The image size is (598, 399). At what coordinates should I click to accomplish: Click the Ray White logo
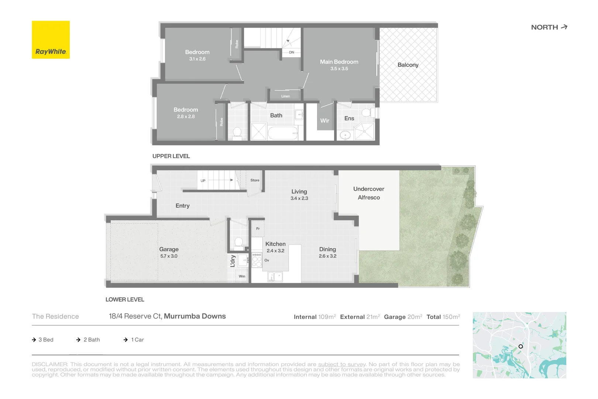[x=51, y=40]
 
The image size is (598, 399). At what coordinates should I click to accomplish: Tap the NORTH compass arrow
[x=564, y=27]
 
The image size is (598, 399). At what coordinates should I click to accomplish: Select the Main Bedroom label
[x=339, y=62]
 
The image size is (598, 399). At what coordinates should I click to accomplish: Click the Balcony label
[x=408, y=65]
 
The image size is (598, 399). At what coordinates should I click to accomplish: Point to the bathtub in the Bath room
[x=282, y=133]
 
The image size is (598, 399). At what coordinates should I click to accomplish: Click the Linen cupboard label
[x=285, y=96]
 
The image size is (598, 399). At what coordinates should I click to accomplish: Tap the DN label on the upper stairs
[x=292, y=52]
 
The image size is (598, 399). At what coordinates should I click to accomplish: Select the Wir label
[x=324, y=120]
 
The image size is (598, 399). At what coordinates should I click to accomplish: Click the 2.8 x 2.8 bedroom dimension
[x=186, y=116]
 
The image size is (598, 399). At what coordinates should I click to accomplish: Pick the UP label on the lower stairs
[x=203, y=181]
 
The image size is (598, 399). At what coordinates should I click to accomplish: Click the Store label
[x=255, y=180]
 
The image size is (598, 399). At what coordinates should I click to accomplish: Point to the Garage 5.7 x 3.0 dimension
[x=169, y=256]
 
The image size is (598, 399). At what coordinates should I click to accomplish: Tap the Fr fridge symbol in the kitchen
[x=258, y=229]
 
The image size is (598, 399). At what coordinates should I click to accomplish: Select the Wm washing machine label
[x=242, y=276]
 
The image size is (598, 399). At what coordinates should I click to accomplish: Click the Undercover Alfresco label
[x=368, y=193]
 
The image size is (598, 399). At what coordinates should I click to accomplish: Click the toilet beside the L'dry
[x=239, y=242]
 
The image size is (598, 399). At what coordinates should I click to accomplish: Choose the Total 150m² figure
[x=443, y=317]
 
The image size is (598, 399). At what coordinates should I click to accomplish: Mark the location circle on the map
[x=520, y=346]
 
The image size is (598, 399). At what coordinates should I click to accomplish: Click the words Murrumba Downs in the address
[x=195, y=316]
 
